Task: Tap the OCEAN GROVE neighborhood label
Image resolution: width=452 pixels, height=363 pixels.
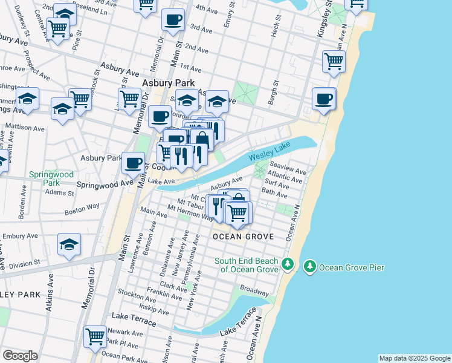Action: coord(244,236)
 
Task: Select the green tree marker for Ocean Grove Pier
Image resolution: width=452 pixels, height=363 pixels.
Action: coord(309,266)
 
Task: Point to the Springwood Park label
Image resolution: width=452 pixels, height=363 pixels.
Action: coord(51,178)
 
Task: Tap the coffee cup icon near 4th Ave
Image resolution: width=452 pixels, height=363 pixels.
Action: coord(173,20)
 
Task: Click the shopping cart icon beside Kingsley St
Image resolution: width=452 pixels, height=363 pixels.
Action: coord(334,61)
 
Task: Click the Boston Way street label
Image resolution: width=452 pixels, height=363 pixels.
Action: coord(82,207)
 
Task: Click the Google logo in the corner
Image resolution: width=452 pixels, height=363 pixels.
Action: coord(20,356)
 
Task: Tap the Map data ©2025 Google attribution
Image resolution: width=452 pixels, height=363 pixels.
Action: coord(414,358)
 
